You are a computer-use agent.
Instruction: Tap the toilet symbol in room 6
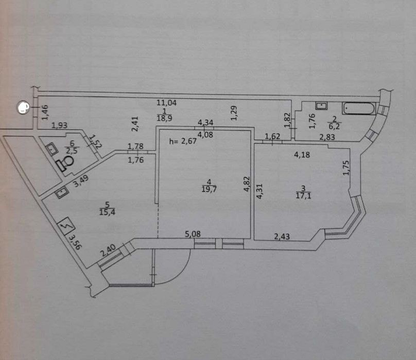pos(66,163)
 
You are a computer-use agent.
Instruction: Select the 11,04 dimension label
pos(166,103)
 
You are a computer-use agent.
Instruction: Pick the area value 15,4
pos(106,211)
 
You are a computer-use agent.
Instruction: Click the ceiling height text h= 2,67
pos(183,142)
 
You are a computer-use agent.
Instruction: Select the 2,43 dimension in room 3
pos(283,236)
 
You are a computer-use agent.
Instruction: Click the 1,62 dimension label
pos(272,136)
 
